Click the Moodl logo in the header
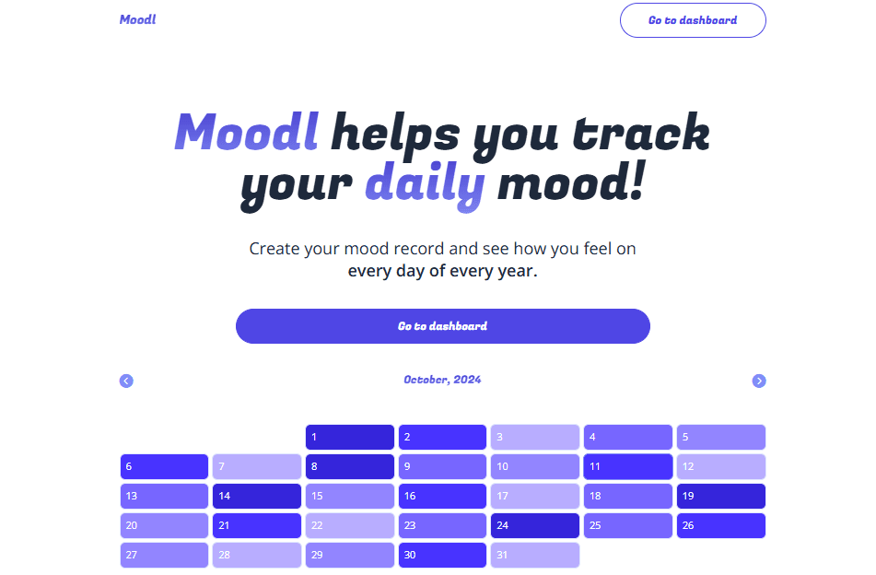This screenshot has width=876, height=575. (x=137, y=19)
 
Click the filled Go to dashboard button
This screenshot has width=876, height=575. (x=442, y=326)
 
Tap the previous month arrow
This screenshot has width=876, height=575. (x=126, y=381)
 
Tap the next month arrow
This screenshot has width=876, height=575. (x=759, y=381)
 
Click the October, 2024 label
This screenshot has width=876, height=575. (x=442, y=380)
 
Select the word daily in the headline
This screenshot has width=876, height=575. (x=425, y=183)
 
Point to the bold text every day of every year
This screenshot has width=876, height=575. (x=442, y=272)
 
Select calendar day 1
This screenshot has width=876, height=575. (x=349, y=437)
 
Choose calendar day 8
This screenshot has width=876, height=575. (x=349, y=466)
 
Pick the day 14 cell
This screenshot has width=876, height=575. (x=256, y=496)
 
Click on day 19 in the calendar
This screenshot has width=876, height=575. (x=720, y=496)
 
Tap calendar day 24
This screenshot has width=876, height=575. (x=534, y=525)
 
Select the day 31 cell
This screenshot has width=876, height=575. (x=534, y=555)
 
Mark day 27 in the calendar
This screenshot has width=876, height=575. (x=164, y=555)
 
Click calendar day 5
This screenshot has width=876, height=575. (x=720, y=437)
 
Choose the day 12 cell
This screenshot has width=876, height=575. (x=720, y=466)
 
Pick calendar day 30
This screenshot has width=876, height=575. (x=441, y=555)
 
